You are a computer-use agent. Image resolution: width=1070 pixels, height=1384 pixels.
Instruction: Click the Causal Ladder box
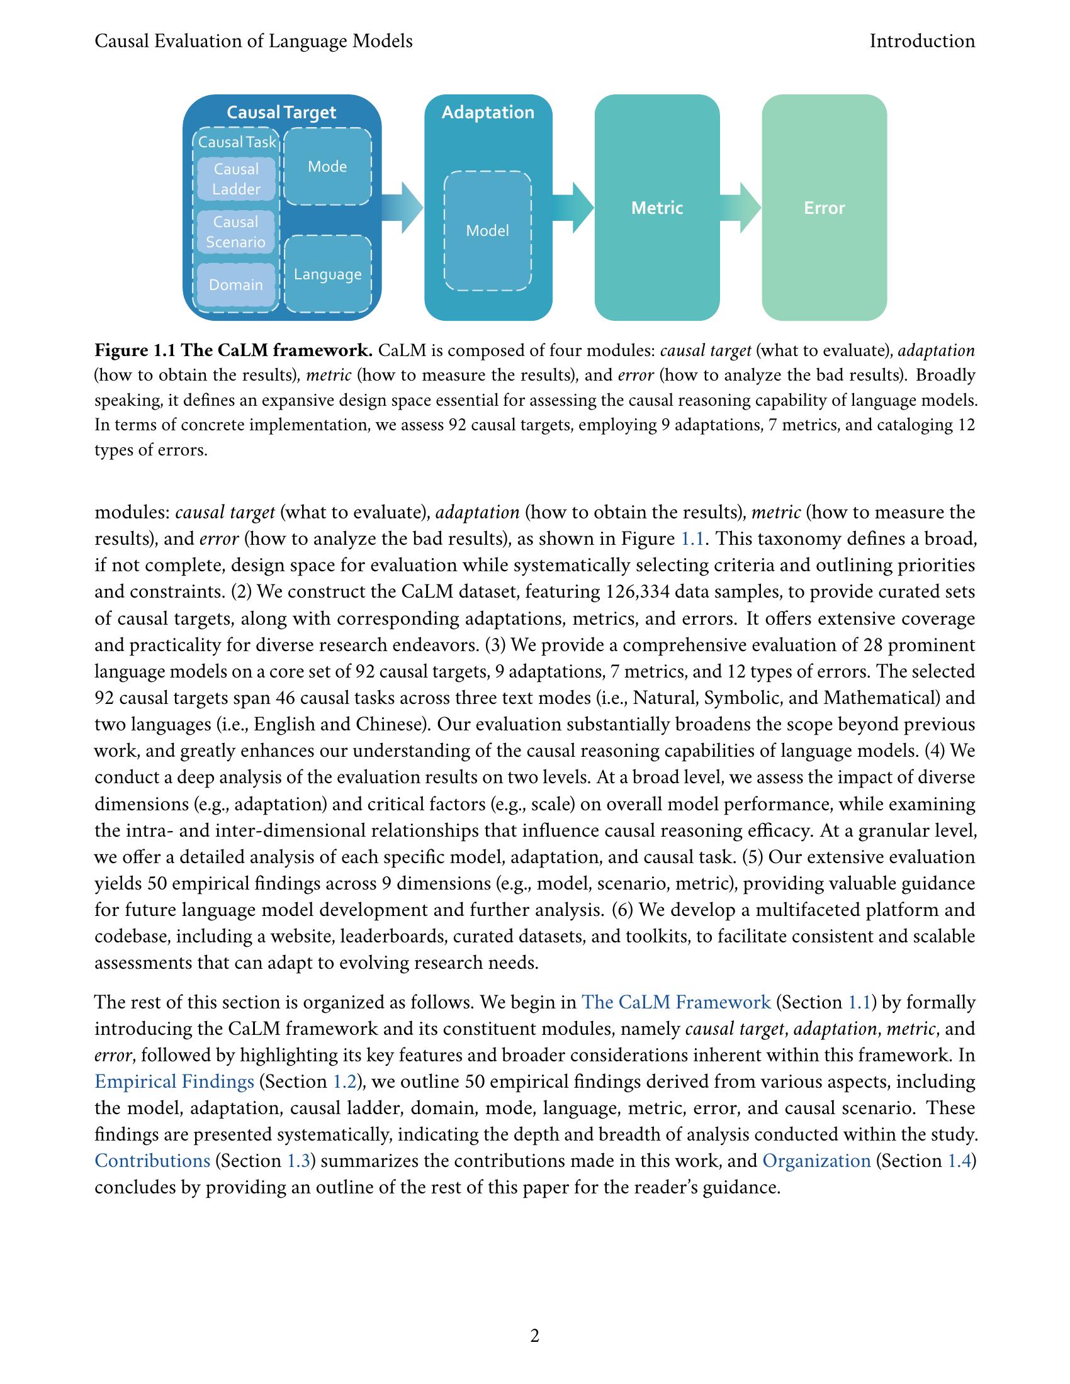pos(236,179)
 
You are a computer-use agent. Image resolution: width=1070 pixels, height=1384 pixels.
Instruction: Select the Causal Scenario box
pos(236,232)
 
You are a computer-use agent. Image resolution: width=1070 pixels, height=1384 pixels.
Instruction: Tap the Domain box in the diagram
pos(236,284)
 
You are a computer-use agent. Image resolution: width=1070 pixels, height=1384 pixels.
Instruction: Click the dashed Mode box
pos(327,167)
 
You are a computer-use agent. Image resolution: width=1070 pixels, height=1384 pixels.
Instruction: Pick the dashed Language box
pos(327,274)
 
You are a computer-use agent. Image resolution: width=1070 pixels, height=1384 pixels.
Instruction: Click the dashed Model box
pos(487,231)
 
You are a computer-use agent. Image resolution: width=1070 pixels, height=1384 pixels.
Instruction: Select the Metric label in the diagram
pos(656,208)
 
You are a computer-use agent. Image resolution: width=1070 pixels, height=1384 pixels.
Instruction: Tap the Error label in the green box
pos(824,208)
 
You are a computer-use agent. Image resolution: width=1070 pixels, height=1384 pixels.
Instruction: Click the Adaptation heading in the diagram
pos(487,112)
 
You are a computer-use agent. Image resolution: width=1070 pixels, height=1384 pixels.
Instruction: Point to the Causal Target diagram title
pos(281,112)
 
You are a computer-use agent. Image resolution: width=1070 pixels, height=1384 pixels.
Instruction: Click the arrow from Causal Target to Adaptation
pos(403,207)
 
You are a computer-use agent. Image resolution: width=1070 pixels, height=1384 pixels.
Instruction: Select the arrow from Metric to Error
pos(740,207)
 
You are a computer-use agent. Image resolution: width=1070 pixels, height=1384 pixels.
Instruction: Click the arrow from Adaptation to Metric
pos(573,207)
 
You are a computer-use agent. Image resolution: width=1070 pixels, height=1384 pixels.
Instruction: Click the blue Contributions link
pos(152,1161)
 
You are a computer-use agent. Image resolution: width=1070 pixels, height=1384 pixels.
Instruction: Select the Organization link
pos(816,1161)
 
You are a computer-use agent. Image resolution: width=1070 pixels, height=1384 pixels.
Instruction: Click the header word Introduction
pos(921,41)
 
